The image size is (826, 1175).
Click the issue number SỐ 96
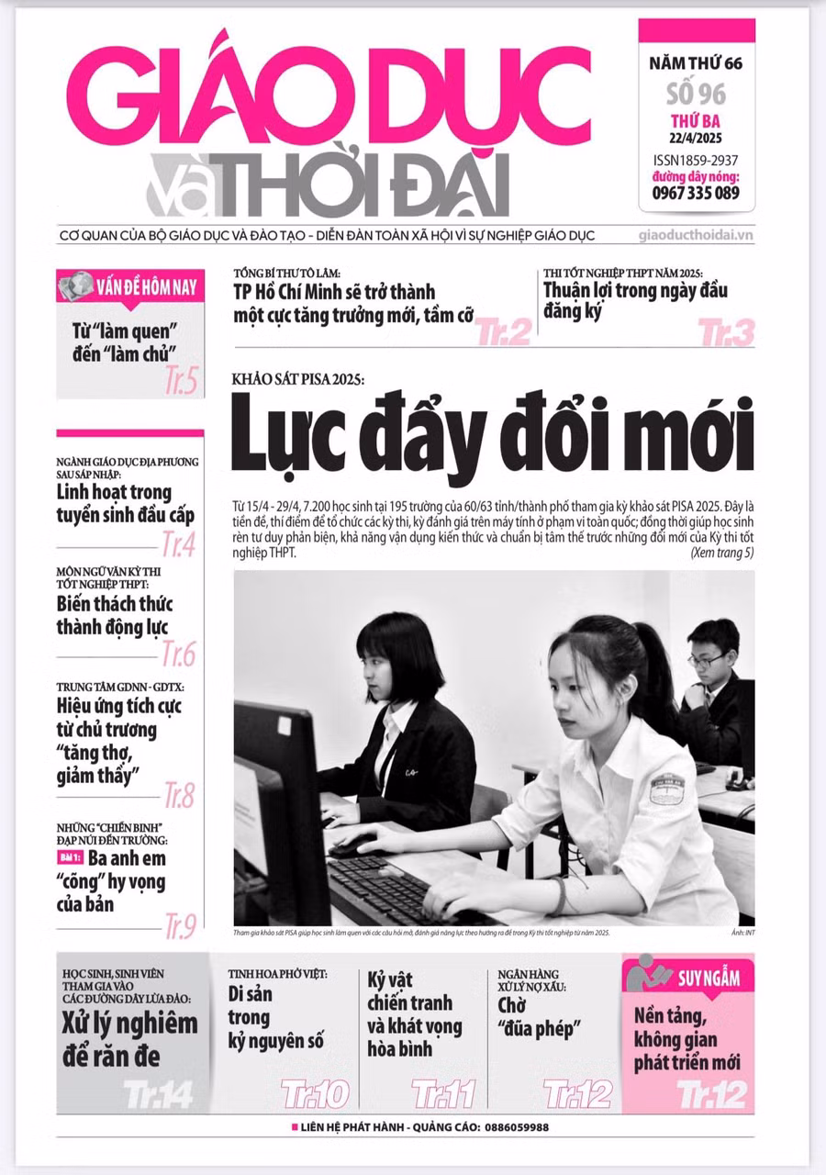tap(697, 95)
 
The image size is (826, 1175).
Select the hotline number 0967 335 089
tap(697, 193)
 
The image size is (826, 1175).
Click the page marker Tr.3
tap(725, 332)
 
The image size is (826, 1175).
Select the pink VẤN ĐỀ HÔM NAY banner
tap(129, 286)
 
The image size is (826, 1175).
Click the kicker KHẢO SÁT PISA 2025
tap(298, 379)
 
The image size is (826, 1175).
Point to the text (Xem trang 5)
tap(721, 553)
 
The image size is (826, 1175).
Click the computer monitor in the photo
tap(275, 789)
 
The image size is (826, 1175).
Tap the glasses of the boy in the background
tap(707, 659)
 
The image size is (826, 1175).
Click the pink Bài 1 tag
tap(71, 857)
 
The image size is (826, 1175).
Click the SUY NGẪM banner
tap(690, 978)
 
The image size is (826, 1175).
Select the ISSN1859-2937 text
tap(697, 159)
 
